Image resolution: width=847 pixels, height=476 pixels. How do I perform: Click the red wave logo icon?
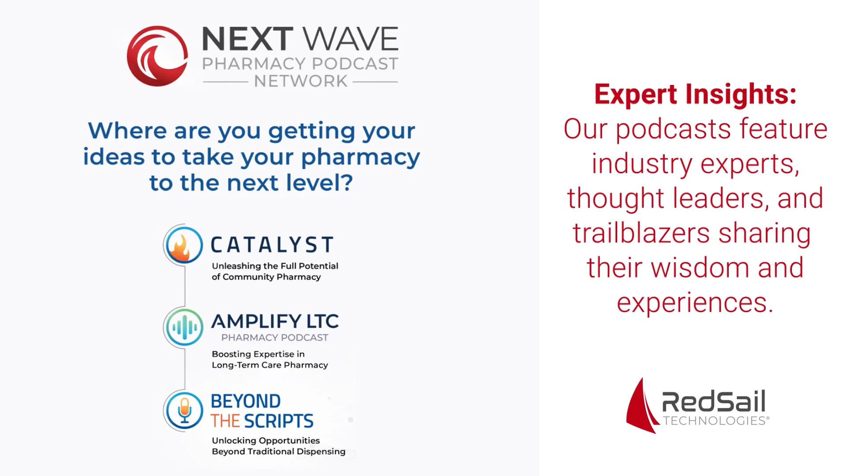tap(157, 56)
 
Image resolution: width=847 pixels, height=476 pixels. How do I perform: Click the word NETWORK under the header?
tap(300, 82)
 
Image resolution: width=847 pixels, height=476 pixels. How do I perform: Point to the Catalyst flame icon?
tap(184, 245)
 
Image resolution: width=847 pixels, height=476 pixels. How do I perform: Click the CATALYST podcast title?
tap(272, 245)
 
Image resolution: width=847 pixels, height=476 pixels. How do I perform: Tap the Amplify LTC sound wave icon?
tap(184, 327)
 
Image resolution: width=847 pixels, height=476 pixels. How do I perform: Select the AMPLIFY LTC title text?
tap(275, 321)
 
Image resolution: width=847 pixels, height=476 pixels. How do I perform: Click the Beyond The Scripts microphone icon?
tap(184, 410)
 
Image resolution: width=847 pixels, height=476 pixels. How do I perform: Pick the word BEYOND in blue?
tap(246, 402)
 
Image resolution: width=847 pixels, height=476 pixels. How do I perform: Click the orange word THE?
tap(225, 421)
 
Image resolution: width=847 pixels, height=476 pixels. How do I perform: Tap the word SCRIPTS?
tap(279, 421)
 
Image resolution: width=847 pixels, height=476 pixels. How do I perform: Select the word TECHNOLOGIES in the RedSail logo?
tap(714, 421)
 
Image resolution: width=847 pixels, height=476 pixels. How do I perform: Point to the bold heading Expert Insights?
tap(695, 94)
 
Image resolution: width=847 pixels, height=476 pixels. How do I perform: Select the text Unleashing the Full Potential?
tap(275, 266)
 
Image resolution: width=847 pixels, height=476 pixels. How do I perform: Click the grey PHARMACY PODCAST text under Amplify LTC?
tap(274, 338)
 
